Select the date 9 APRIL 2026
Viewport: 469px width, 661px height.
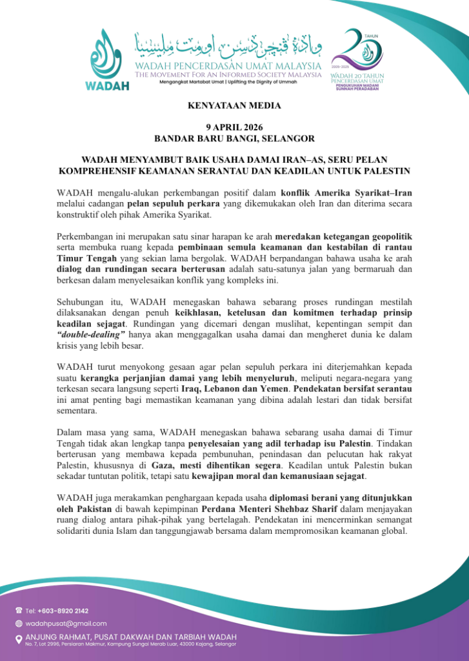pyautogui.click(x=234, y=127)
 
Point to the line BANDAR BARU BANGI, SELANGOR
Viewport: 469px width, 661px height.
pyautogui.click(x=234, y=138)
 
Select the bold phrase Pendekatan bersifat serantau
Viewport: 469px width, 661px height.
pyautogui.click(x=350, y=389)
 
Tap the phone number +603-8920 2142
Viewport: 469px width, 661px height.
pyautogui.click(x=65, y=610)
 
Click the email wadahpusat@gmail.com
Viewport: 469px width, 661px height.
pyautogui.click(x=66, y=624)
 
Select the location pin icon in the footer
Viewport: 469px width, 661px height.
pyautogui.click(x=18, y=639)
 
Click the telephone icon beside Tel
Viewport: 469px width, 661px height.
pyautogui.click(x=18, y=610)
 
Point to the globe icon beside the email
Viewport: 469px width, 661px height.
pyautogui.click(x=18, y=624)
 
